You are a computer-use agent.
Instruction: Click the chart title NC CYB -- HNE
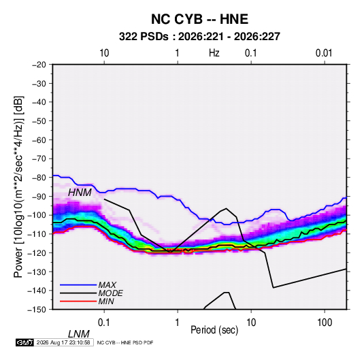(199, 19)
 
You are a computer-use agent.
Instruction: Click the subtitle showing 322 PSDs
(199, 37)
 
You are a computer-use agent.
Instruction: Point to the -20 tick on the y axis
(39, 65)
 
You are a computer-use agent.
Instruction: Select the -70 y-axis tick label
(39, 159)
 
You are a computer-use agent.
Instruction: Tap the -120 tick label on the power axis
(37, 252)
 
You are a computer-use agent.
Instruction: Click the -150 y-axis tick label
(37, 310)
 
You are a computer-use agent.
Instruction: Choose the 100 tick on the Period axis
(325, 323)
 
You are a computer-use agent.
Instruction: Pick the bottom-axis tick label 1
(178, 323)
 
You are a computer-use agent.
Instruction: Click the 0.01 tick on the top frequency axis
(324, 53)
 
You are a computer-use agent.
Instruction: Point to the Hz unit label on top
(214, 53)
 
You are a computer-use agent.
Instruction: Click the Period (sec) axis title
(214, 330)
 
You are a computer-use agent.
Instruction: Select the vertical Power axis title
(18, 187)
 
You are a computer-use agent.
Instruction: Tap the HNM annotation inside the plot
(80, 193)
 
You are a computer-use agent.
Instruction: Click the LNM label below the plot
(78, 334)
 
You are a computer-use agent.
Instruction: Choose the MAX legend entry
(107, 285)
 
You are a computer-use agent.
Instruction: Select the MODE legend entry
(110, 293)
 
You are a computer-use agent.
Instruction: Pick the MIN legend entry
(106, 301)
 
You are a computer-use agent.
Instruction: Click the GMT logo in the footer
(24, 342)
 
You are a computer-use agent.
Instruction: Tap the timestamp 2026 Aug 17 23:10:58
(63, 342)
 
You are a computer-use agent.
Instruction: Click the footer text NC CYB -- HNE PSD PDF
(125, 342)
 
